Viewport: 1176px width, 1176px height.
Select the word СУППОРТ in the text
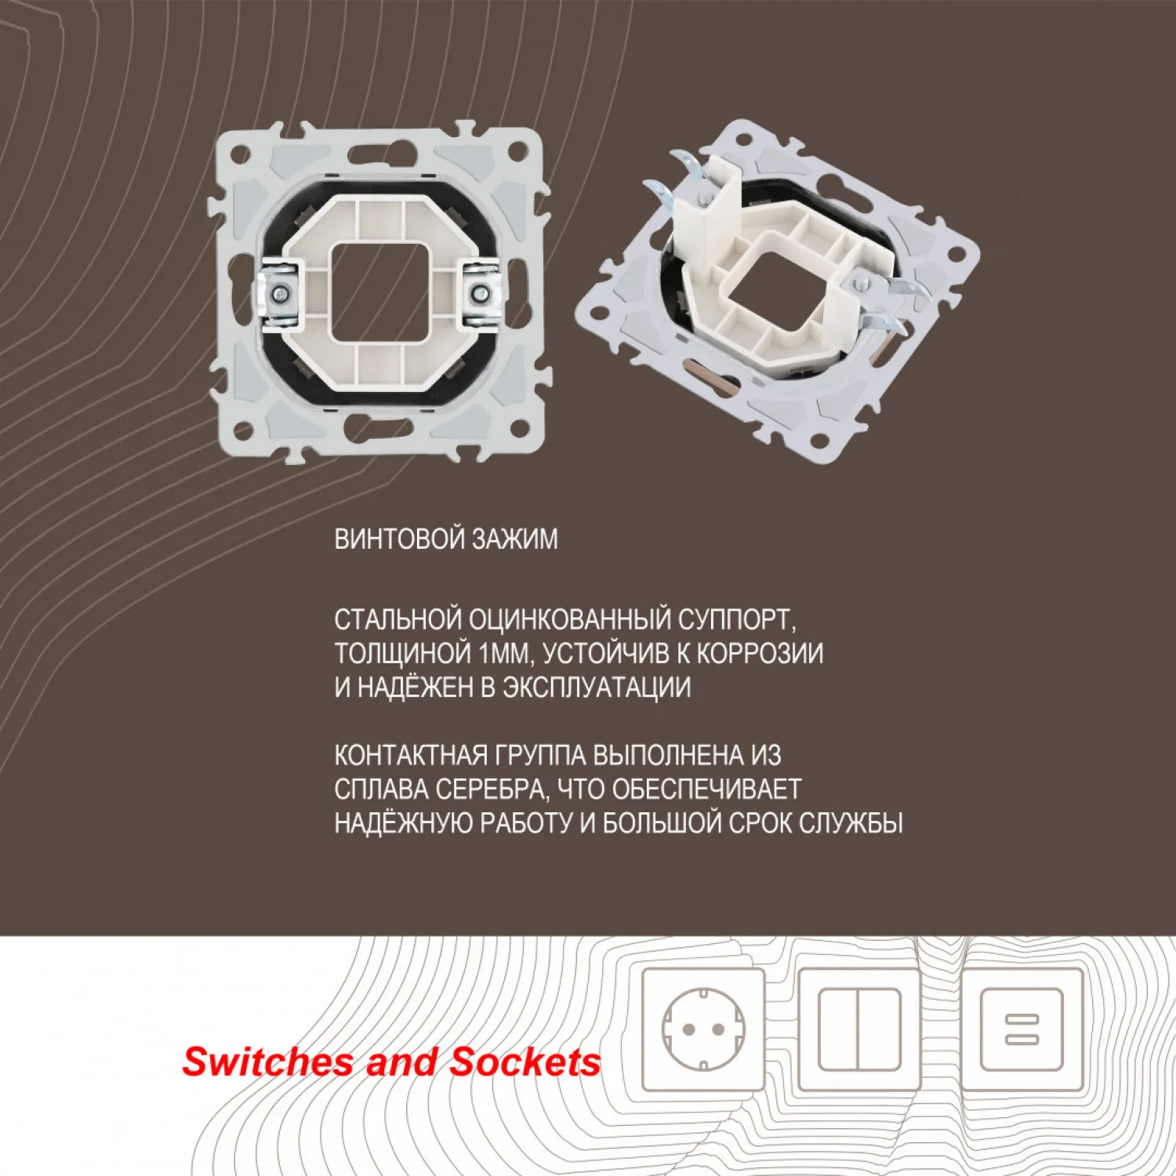[x=737, y=619]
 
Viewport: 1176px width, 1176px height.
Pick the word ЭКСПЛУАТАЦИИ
[x=597, y=687]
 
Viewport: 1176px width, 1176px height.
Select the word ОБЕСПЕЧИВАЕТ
[x=706, y=789]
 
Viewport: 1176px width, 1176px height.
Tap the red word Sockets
[x=525, y=1062]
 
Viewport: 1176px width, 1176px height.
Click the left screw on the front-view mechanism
[x=278, y=293]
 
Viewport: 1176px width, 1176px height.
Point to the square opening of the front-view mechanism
[x=379, y=293]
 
